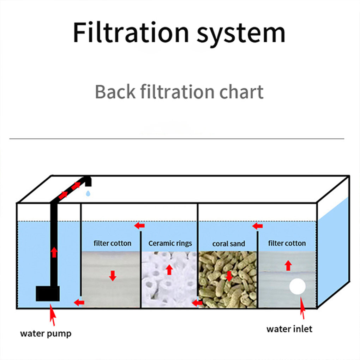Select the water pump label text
click(x=46, y=333)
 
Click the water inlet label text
click(x=289, y=329)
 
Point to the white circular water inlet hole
click(x=297, y=287)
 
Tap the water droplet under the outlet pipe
click(x=88, y=193)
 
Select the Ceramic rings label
click(x=170, y=243)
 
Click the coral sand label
click(x=229, y=244)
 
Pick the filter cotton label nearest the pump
click(x=112, y=243)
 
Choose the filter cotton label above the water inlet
click(x=287, y=243)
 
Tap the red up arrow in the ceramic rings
click(x=169, y=270)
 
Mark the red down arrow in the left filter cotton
click(x=113, y=276)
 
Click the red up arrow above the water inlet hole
click(x=288, y=265)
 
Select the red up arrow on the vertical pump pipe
click(x=54, y=252)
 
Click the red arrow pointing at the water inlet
click(x=302, y=313)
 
